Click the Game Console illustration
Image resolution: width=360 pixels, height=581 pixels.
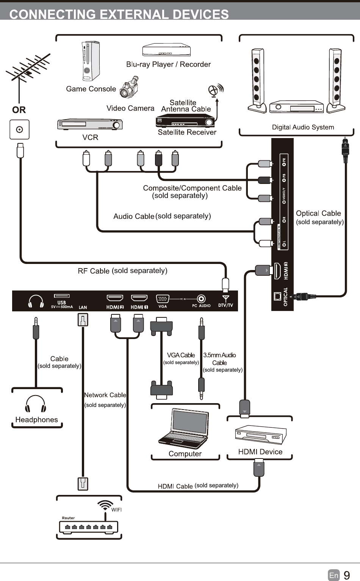tap(91, 61)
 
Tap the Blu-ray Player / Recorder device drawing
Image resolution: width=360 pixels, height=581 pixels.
tap(166, 50)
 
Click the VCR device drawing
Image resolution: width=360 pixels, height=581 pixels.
tap(90, 124)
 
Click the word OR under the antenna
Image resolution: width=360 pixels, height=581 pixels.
tap(19, 110)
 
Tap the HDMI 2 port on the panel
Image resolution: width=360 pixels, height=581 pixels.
tap(115, 298)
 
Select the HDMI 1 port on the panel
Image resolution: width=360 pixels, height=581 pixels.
tap(139, 298)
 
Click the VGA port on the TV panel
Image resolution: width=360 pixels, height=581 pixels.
tap(163, 299)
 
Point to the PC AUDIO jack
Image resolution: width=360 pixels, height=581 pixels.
tap(201, 299)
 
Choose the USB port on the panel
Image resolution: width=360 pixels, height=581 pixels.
tap(62, 296)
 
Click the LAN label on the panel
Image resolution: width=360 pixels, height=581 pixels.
tap(83, 308)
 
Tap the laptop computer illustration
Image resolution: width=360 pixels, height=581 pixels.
tap(185, 428)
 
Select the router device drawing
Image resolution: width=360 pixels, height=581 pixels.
tap(89, 527)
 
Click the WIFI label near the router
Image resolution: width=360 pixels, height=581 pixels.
tap(116, 510)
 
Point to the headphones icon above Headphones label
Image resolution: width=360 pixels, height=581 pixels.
tap(36, 404)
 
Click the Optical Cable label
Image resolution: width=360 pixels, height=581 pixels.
tap(318, 214)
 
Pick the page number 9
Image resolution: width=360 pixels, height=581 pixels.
tap(347, 575)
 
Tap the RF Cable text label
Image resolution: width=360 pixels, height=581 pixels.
tap(94, 271)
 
